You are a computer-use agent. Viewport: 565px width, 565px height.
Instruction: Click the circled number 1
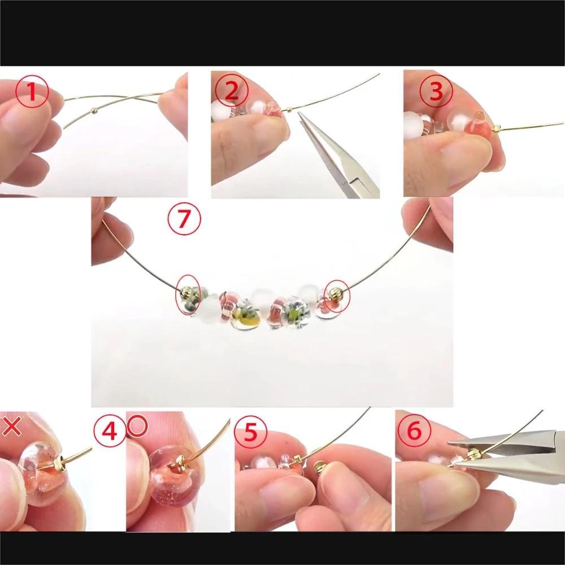tap(32, 91)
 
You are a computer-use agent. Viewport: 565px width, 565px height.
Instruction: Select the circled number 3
tap(436, 91)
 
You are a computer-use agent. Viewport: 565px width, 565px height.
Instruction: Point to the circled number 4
tap(110, 431)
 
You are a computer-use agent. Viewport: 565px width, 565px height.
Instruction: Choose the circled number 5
tap(250, 432)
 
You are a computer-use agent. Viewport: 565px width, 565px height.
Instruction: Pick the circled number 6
tap(414, 430)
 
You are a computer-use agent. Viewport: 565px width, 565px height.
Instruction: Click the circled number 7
tap(184, 219)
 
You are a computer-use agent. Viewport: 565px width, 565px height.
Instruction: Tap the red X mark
tap(11, 427)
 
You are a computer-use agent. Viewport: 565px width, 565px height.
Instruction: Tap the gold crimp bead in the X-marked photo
tap(59, 461)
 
